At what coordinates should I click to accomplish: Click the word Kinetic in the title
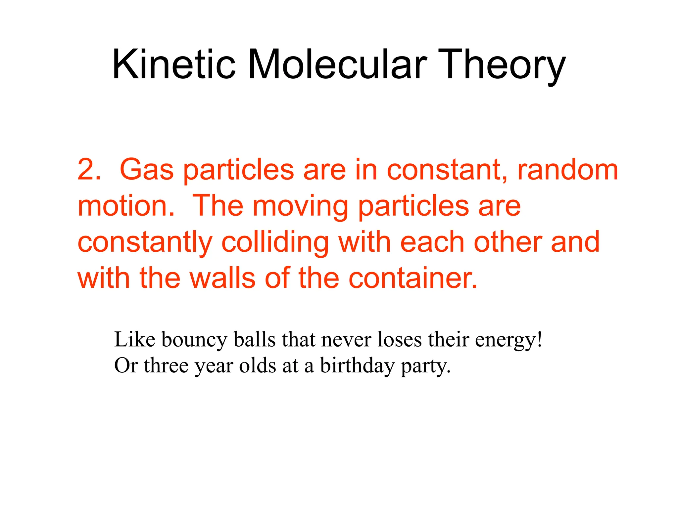[x=174, y=64]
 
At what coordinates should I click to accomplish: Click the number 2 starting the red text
[x=86, y=169]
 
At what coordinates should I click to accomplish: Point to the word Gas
[x=146, y=169]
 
